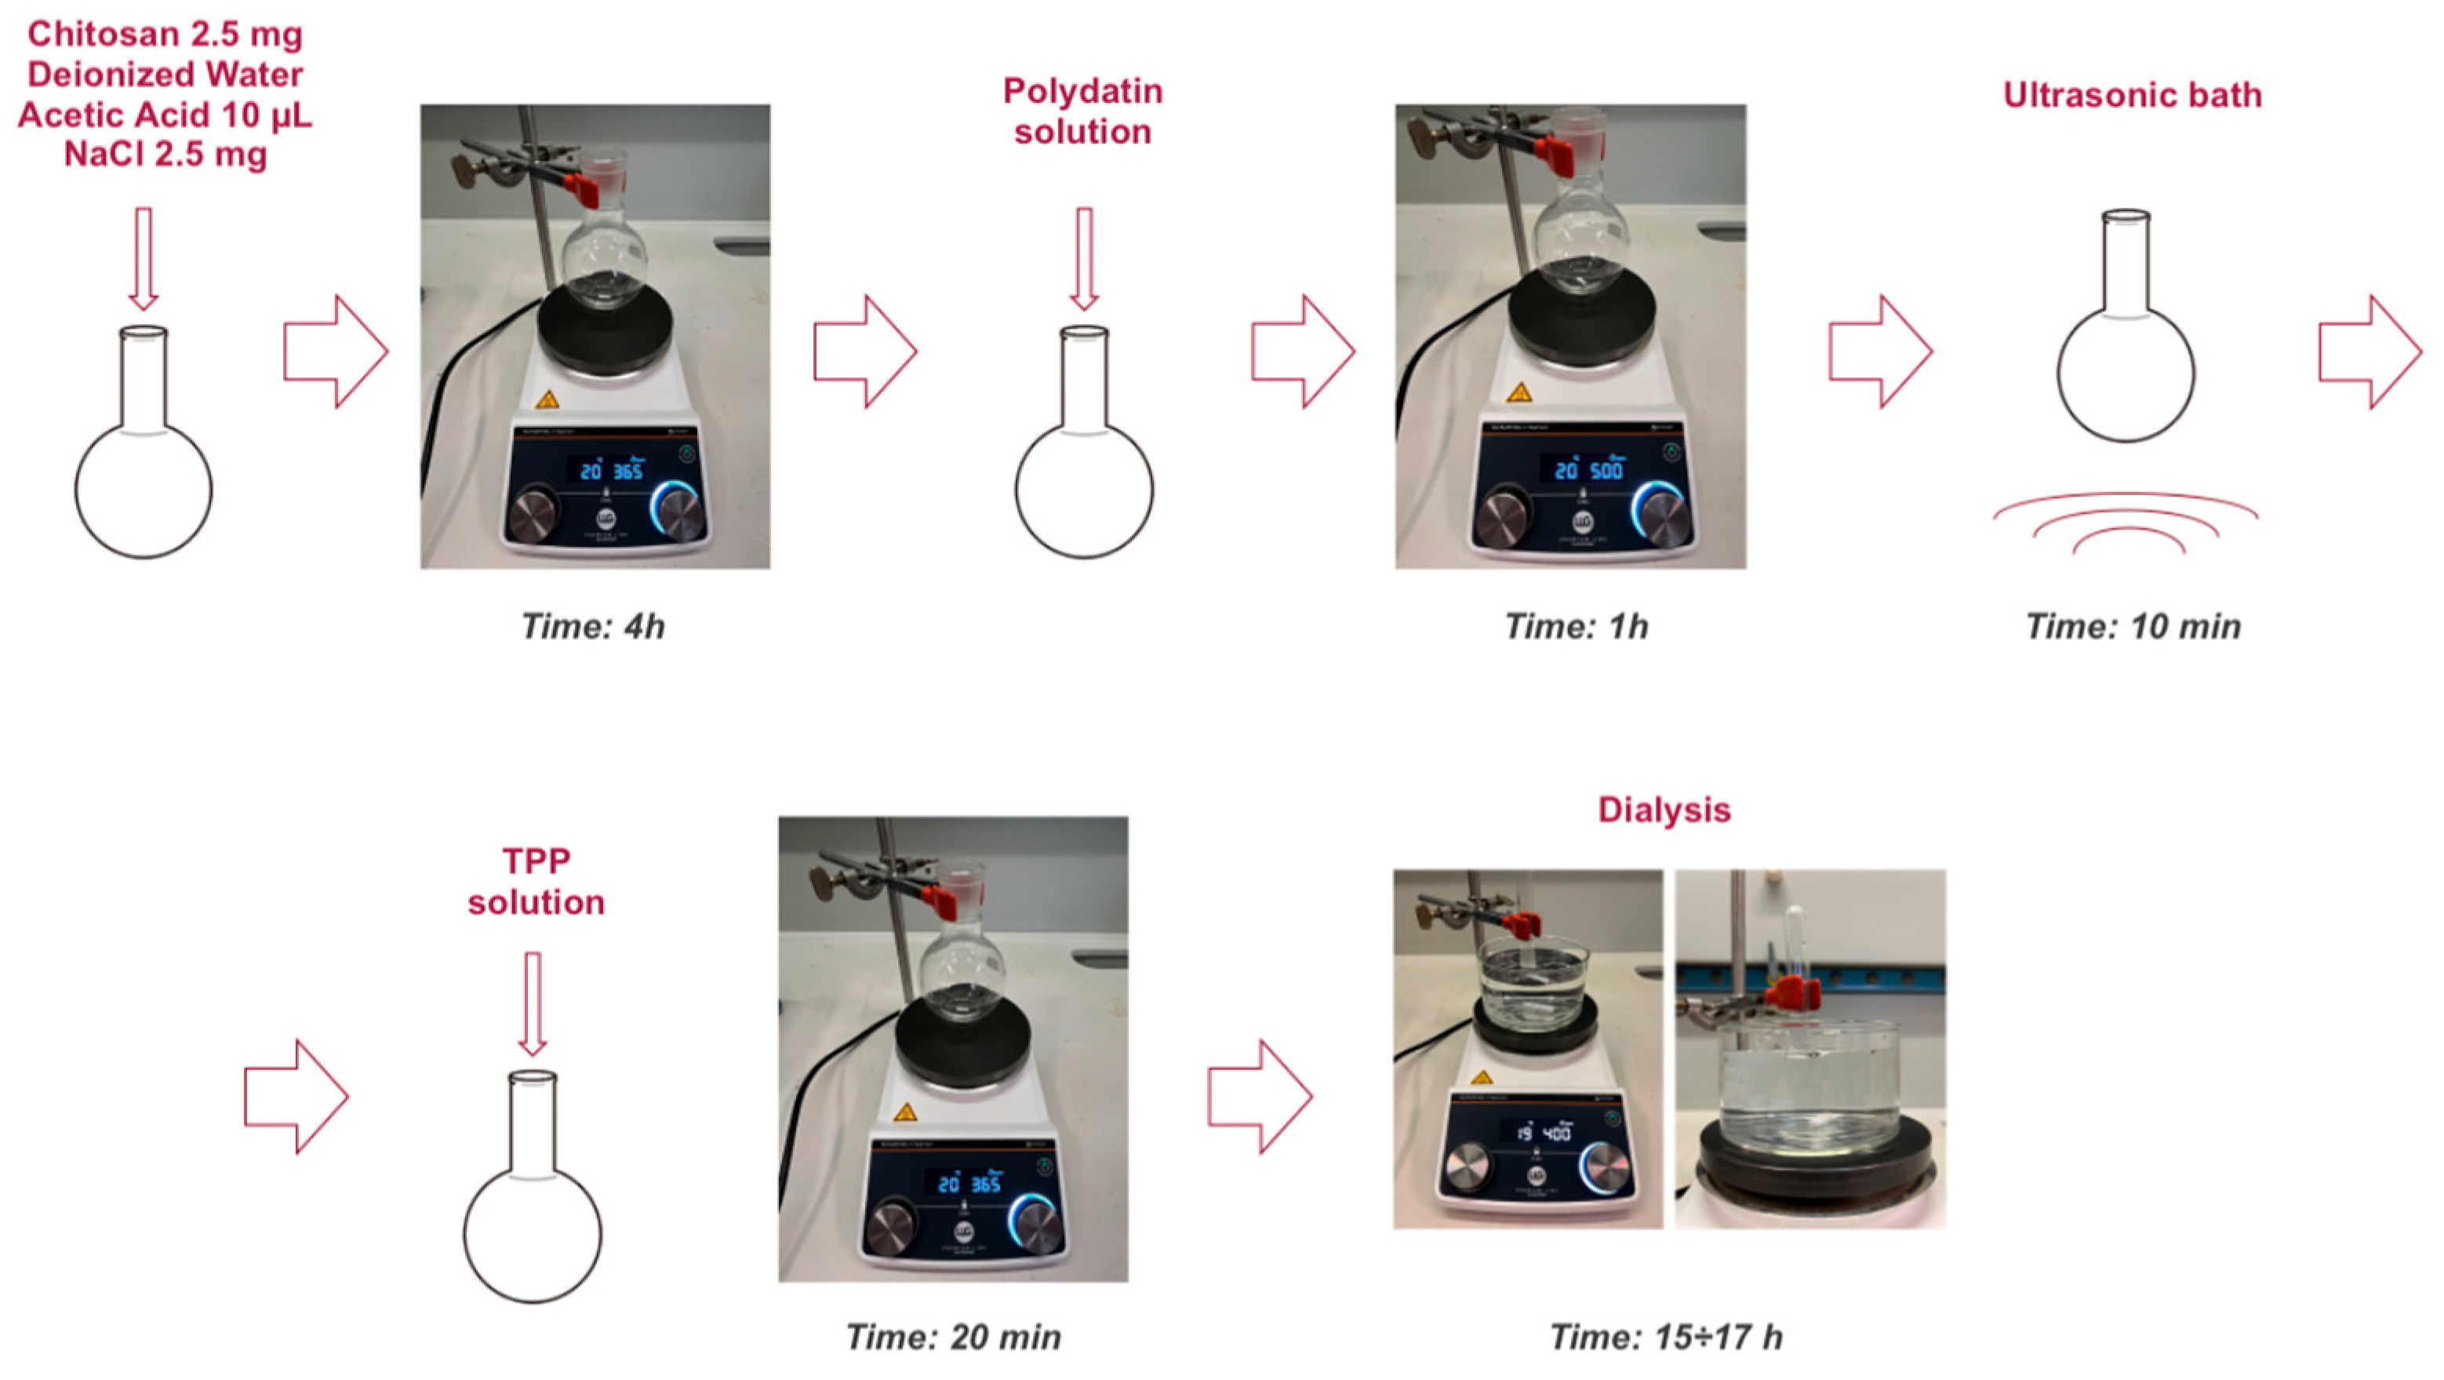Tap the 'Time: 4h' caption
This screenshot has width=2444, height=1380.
(593, 626)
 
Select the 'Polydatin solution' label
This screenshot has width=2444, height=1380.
(1082, 111)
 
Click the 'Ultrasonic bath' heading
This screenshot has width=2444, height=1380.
(2132, 95)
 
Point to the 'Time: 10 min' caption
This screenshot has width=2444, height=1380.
(2133, 626)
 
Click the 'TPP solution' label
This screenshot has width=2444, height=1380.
(536, 881)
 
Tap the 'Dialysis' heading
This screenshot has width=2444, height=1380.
(1664, 810)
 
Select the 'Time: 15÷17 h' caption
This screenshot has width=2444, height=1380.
(1666, 1338)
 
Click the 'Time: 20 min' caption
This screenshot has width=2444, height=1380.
(954, 1338)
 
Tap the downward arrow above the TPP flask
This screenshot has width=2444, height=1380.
(533, 1004)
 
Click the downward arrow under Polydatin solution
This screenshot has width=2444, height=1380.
(1083, 259)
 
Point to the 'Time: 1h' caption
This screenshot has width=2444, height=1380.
(1577, 626)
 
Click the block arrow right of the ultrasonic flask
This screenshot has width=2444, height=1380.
(2369, 352)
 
